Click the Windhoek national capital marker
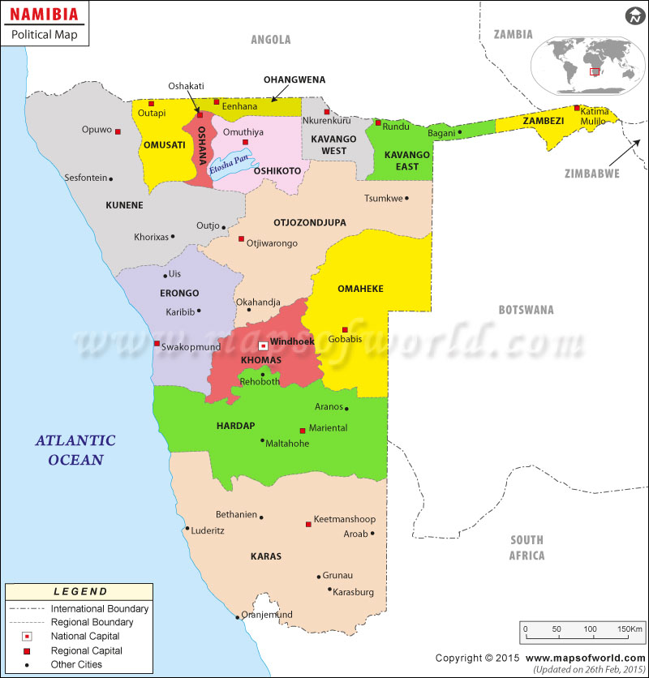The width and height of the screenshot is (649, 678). [x=263, y=345]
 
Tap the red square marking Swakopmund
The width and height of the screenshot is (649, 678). [x=157, y=344]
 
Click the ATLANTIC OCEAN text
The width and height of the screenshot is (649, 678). [x=75, y=450]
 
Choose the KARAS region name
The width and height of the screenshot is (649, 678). [x=266, y=556]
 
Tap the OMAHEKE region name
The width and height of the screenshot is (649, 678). [x=360, y=289]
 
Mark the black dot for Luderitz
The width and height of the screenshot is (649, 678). [x=187, y=529]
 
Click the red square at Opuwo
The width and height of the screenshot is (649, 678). [x=118, y=131]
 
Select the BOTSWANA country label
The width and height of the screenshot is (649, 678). [x=526, y=310]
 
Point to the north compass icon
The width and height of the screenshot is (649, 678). [x=633, y=16]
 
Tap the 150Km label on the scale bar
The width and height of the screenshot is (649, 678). [x=630, y=629]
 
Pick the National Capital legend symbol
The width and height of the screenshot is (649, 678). [x=27, y=636]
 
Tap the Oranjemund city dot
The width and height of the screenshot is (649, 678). [x=238, y=617]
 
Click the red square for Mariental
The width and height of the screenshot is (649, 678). [x=303, y=431]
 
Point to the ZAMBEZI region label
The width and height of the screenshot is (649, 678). [x=543, y=120]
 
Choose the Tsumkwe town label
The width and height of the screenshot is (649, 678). [x=383, y=198]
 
